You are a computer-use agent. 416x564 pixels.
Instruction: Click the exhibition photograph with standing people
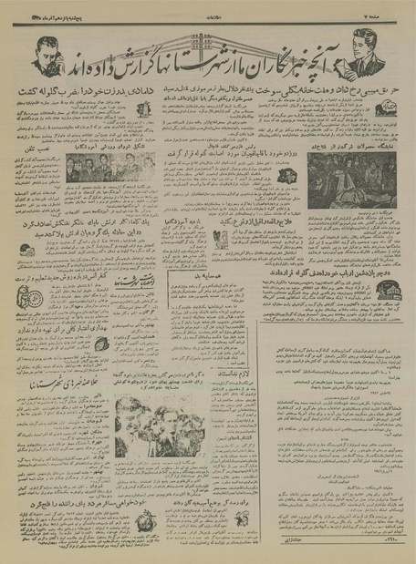[350, 181]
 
